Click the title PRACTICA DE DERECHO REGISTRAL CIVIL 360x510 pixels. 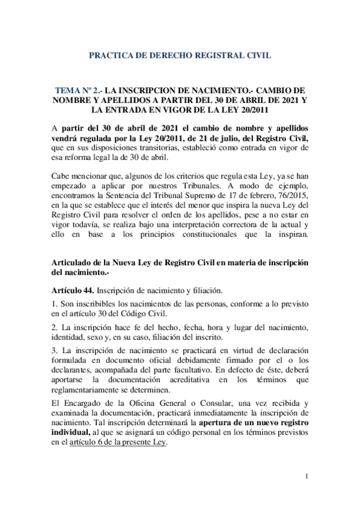pyautogui.click(x=180, y=55)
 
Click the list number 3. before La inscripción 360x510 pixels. pyautogui.click(x=53, y=350)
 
